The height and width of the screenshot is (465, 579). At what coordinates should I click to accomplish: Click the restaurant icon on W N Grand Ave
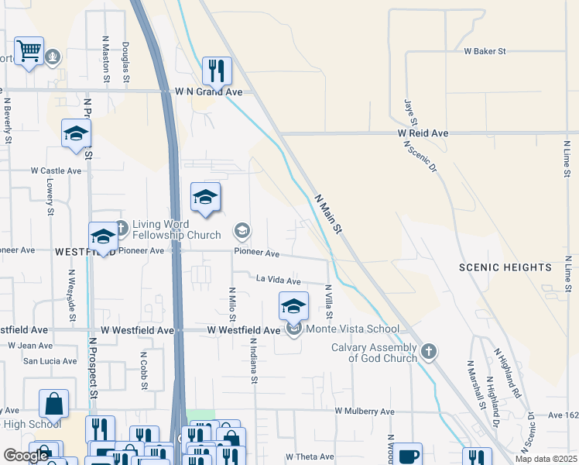217,71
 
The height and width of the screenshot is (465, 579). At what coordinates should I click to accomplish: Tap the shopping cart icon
29,52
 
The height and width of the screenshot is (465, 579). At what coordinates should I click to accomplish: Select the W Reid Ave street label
423,133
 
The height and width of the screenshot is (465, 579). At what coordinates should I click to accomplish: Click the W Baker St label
485,52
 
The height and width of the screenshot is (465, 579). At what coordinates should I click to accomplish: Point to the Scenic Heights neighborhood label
505,267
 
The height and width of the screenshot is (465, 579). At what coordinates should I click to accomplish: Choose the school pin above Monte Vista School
293,306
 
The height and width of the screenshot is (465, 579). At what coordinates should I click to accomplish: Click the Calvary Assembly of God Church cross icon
428,353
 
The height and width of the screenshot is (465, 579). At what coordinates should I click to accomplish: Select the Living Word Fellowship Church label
166,229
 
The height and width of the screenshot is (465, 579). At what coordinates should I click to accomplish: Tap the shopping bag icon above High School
53,404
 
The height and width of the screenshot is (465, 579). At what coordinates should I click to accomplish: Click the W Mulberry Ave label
365,412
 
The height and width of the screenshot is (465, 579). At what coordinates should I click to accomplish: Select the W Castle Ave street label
56,170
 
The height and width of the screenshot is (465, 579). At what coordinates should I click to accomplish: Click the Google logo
26,456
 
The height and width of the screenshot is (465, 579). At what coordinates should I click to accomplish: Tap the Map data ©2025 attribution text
546,459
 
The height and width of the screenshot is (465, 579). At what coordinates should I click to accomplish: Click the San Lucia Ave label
50,361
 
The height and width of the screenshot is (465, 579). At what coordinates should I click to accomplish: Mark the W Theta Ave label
310,457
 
